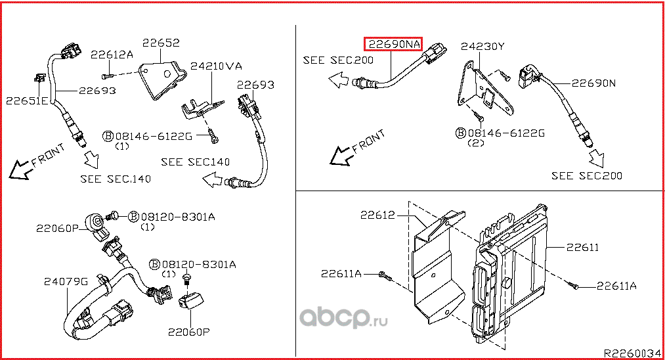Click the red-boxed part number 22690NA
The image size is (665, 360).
(x=395, y=45)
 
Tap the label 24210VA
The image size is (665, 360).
(x=216, y=66)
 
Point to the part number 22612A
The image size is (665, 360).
(x=112, y=55)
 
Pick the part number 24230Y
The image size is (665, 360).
(x=483, y=47)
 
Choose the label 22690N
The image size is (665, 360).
(x=593, y=83)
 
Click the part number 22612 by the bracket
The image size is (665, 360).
(x=377, y=215)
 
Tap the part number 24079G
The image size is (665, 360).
(x=66, y=281)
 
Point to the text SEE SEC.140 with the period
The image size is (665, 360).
(x=116, y=178)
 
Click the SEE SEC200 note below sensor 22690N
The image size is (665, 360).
(x=587, y=175)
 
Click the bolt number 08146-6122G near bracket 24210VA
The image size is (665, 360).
(x=154, y=136)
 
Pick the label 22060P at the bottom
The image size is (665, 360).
(x=188, y=332)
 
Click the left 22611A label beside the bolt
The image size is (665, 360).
(x=341, y=273)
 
